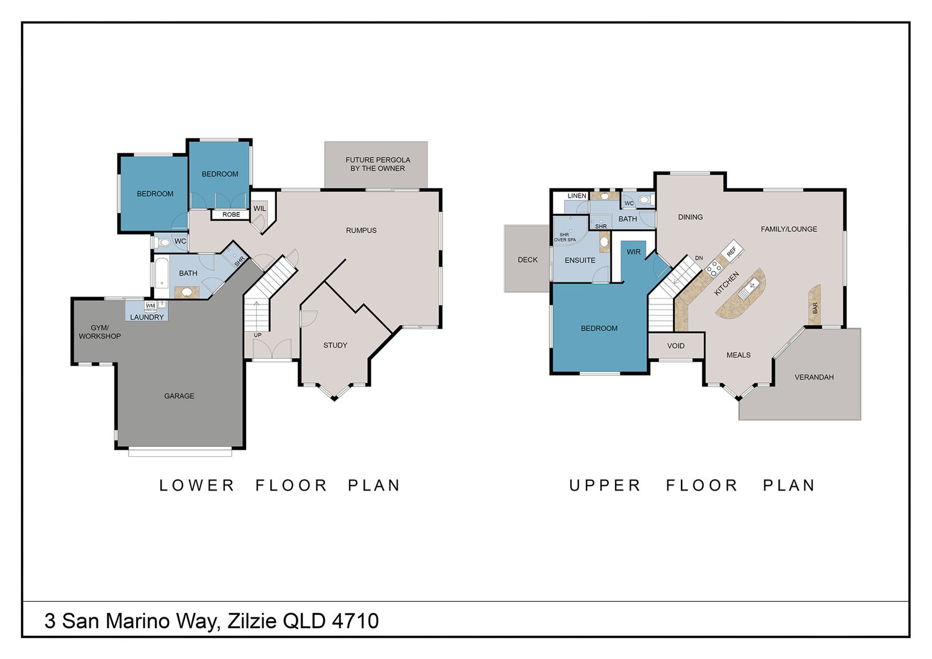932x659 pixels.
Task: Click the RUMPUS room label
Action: click(x=361, y=230)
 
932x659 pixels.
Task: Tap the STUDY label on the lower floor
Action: click(x=336, y=345)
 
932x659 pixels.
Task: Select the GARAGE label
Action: click(x=179, y=396)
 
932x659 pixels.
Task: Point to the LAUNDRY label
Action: click(x=147, y=317)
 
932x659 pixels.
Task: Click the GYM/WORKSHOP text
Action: click(x=100, y=332)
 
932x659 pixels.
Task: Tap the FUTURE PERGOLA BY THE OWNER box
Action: click(x=376, y=164)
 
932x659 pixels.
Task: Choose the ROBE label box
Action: click(x=231, y=215)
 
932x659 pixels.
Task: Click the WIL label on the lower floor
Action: click(x=260, y=208)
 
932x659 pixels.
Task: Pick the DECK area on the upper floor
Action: click(x=527, y=259)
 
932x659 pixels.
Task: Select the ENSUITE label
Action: click(x=580, y=260)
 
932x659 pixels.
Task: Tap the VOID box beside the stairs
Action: click(x=676, y=346)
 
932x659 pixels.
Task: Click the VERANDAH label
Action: click(x=814, y=377)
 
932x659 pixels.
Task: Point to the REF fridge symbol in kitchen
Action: click(x=732, y=251)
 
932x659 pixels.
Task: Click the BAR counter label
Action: click(x=815, y=308)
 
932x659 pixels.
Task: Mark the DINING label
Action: click(x=690, y=217)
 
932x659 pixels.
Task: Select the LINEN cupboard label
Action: click(x=577, y=196)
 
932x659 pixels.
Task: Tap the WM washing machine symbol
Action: click(x=150, y=306)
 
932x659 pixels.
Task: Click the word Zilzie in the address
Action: click(x=252, y=620)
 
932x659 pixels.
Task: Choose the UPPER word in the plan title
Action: click(x=605, y=486)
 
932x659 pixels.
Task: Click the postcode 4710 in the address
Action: click(x=355, y=620)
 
